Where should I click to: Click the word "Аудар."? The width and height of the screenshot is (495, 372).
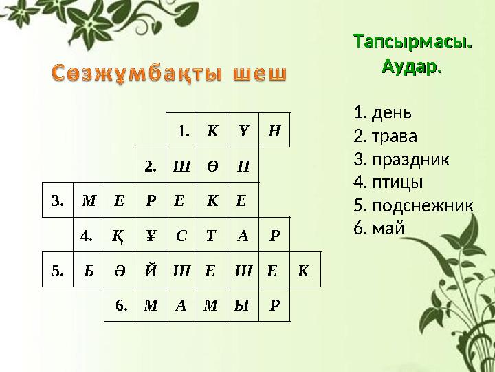412,68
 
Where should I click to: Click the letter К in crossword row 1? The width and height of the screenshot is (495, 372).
213,130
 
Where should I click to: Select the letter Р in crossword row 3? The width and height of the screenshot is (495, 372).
150,201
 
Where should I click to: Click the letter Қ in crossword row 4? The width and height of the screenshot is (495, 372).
118,236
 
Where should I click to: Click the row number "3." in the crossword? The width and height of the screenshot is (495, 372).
58,201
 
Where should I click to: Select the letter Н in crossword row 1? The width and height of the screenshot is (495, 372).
274,130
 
